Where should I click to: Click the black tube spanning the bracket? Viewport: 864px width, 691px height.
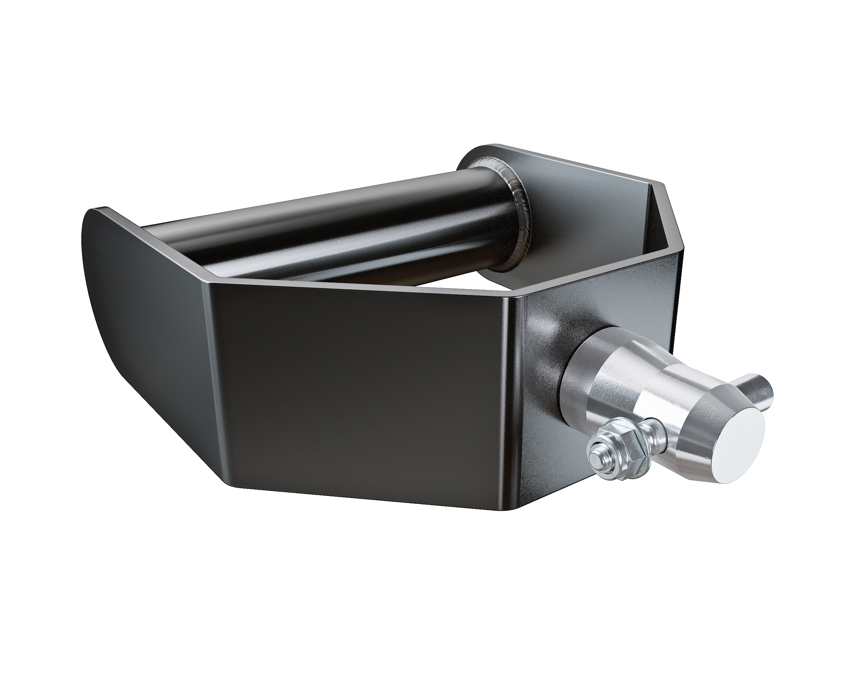click(321, 224)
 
